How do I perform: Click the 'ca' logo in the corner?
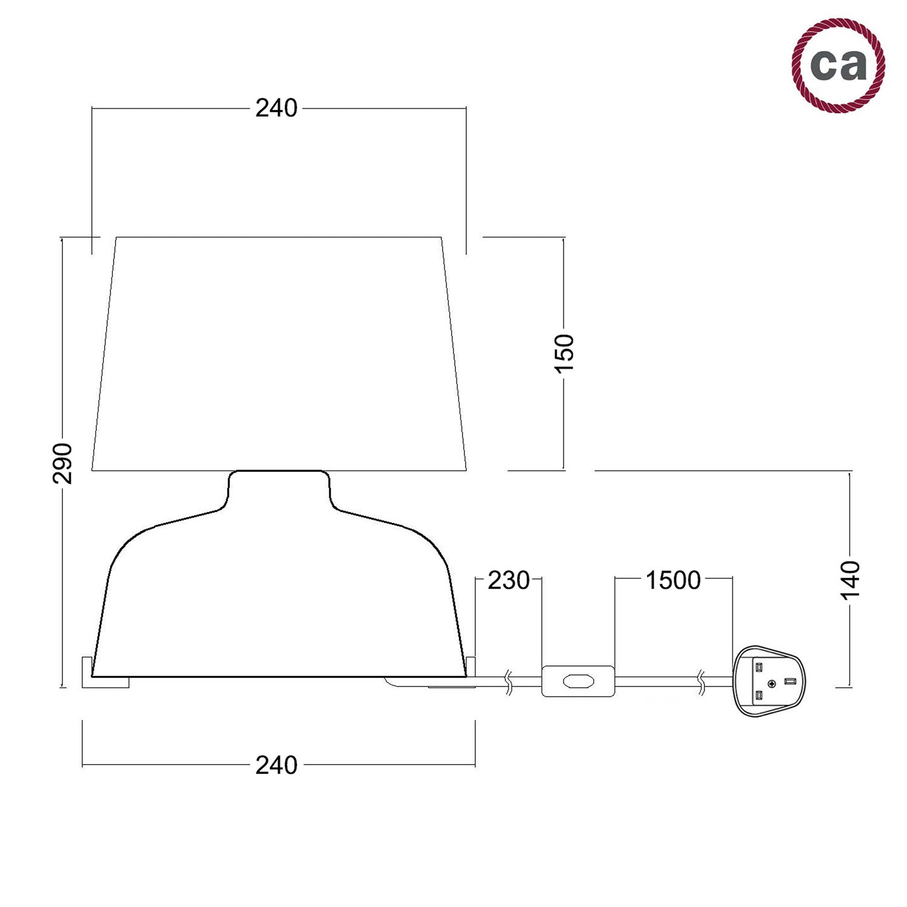838,65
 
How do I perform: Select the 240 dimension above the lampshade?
276,108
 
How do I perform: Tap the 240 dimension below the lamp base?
276,765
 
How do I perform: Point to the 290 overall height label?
63,463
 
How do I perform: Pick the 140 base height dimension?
850,579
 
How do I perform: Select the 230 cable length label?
509,580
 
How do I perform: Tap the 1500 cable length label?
673,580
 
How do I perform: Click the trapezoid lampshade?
279,354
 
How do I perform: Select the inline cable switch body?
577,681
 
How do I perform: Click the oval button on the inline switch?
577,681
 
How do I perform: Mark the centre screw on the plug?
772,683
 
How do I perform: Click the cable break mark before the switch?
509,681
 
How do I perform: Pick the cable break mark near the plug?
701,681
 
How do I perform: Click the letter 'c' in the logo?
823,65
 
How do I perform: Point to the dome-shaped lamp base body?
279,599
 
